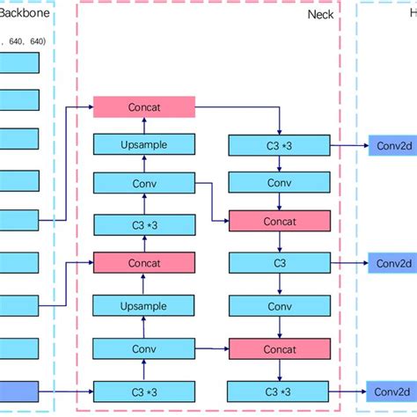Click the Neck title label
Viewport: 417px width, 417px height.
click(320, 15)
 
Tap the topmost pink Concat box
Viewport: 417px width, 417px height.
click(144, 106)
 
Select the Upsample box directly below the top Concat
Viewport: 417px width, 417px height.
click(144, 144)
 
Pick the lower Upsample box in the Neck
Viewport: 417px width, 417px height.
click(144, 306)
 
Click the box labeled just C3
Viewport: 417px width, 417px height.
click(279, 262)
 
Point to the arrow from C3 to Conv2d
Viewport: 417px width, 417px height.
click(349, 262)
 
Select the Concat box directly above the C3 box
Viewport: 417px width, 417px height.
click(279, 221)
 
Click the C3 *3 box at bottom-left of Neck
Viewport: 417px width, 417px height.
click(144, 391)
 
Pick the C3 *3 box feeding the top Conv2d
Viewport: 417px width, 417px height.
click(279, 144)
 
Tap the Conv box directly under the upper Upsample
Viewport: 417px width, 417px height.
click(144, 183)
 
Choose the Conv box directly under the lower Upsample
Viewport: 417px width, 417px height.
click(144, 347)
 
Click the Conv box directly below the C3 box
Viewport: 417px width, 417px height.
click(279, 306)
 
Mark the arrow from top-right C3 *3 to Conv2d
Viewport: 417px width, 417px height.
click(349, 144)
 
